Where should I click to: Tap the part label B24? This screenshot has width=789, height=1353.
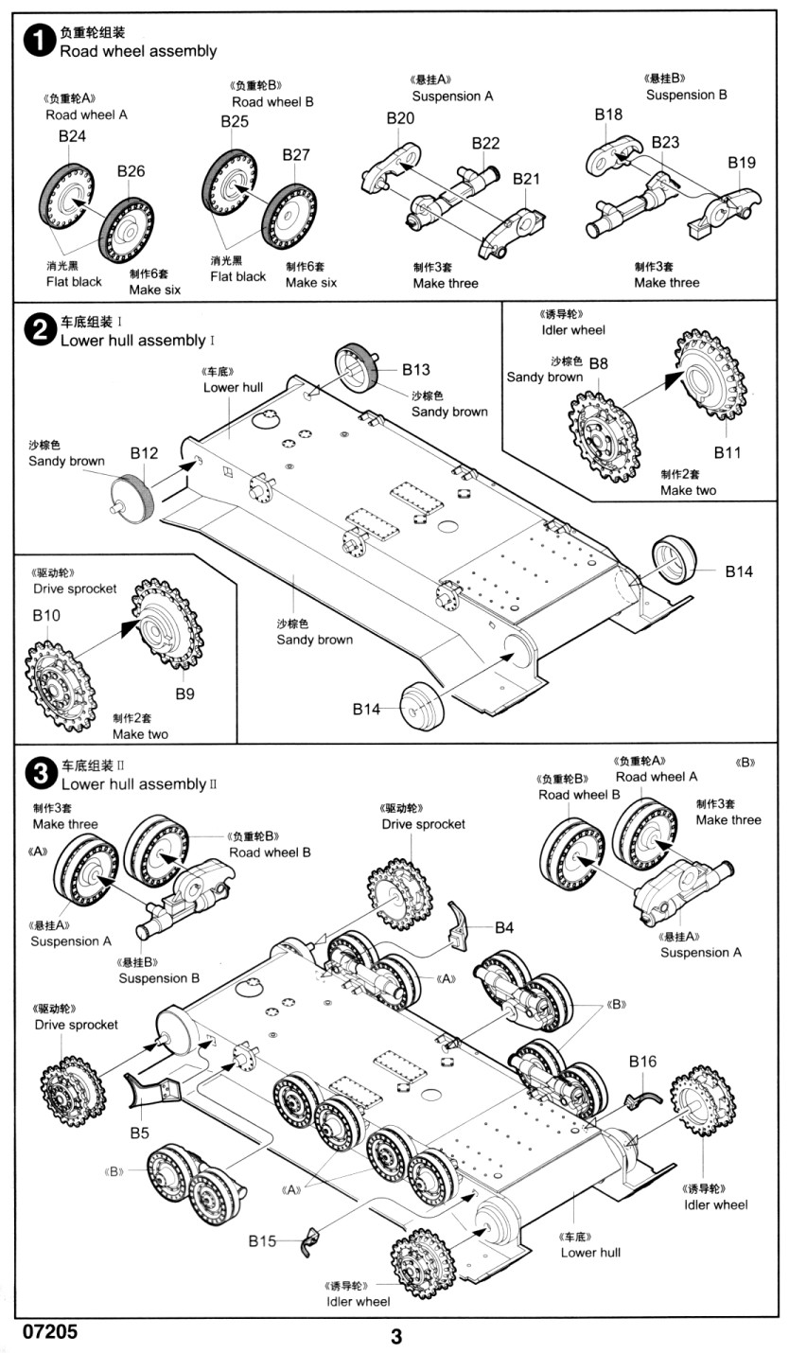click(72, 136)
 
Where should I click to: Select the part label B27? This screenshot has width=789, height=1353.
click(296, 155)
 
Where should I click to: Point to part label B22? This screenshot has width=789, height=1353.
click(485, 143)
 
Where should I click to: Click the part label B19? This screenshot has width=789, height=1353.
click(742, 163)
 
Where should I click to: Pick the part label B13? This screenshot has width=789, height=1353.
click(415, 369)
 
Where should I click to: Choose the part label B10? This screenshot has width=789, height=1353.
click(45, 615)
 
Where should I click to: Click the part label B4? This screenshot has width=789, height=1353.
click(504, 927)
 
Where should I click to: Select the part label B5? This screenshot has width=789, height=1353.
click(140, 1132)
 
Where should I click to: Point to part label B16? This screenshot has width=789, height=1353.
click(642, 1063)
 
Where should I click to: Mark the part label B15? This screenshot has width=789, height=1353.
click(263, 1241)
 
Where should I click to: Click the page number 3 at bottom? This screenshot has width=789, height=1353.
click(396, 1337)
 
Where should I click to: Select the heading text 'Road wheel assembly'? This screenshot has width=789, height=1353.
click(138, 51)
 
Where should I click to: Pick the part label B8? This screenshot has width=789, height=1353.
click(599, 362)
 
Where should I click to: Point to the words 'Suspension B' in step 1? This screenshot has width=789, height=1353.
click(687, 95)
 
